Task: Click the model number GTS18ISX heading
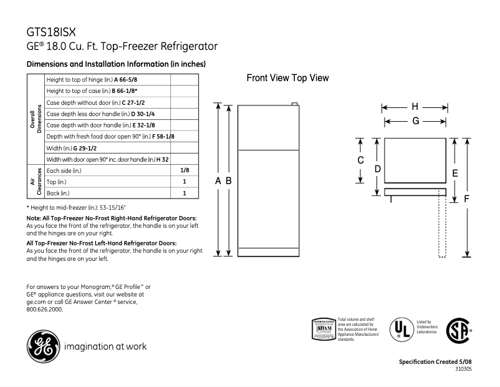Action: [52, 31]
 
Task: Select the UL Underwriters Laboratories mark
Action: [400, 329]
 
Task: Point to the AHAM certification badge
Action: [323, 328]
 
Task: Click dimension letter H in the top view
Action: [415, 107]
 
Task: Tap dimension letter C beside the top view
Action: [360, 160]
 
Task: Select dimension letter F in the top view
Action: [467, 198]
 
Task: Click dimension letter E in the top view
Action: [454, 172]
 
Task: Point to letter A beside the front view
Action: [218, 180]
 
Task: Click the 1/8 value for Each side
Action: [185, 170]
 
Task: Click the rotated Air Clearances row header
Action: [34, 182]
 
